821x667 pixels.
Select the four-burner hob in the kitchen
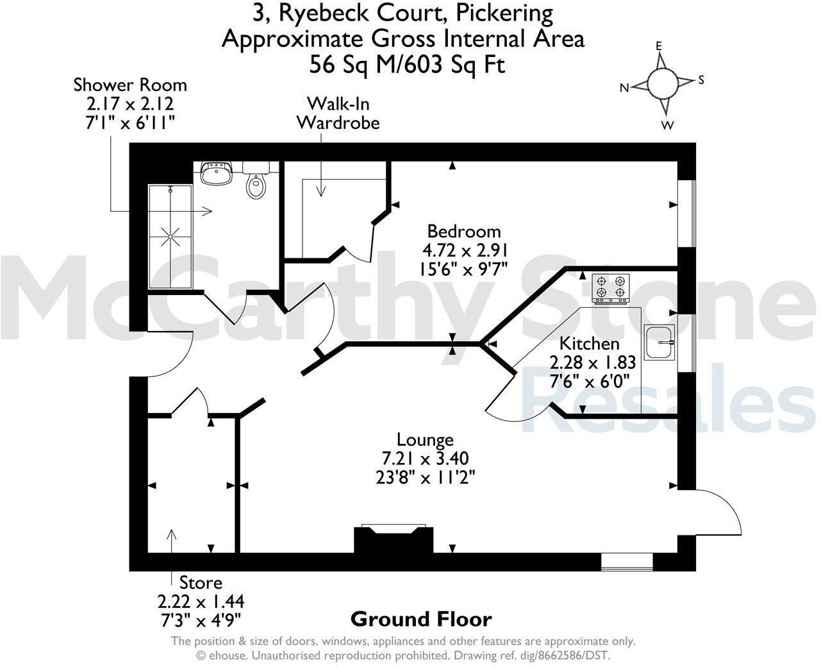(610, 287)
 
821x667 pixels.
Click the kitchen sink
(659, 342)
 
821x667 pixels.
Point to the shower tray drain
(170, 237)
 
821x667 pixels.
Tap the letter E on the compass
(658, 46)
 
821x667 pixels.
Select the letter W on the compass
(668, 126)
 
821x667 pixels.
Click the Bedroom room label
(464, 231)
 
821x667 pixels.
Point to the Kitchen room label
(590, 344)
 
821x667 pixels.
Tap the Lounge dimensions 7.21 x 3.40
(425, 459)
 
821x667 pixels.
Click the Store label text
(201, 583)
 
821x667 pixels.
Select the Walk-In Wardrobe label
(338, 113)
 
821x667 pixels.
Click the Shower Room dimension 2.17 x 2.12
(129, 104)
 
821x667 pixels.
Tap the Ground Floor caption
(421, 620)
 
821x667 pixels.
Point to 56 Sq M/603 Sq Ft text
(407, 65)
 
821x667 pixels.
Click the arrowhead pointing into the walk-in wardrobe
(321, 191)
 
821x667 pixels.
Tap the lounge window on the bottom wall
(627, 562)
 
